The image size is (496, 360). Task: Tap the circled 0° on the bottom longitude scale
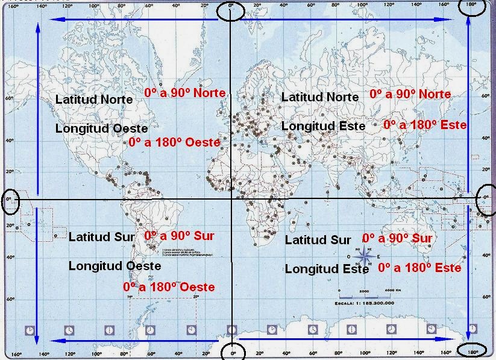click(233, 352)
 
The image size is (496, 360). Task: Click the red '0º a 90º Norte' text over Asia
click(410, 95)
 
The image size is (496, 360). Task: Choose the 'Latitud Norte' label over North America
click(94, 99)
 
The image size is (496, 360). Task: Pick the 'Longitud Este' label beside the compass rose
click(326, 269)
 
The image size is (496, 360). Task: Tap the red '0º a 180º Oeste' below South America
click(169, 287)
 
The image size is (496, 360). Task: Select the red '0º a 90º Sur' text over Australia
click(397, 238)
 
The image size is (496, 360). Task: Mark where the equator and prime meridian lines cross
click(232, 199)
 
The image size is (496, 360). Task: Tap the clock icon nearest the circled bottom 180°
click(472, 329)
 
